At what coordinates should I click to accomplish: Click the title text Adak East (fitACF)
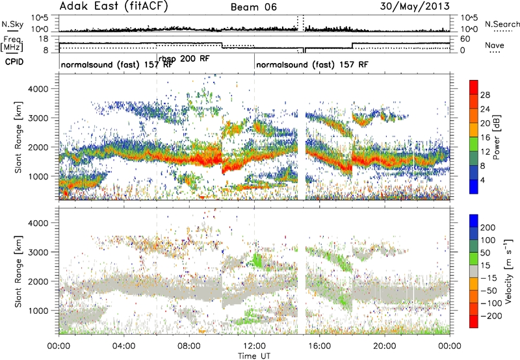tap(114, 6)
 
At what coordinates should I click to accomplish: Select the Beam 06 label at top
tap(253, 7)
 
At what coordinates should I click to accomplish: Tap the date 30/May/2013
tap(415, 6)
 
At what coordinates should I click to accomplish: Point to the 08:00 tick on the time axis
tap(189, 346)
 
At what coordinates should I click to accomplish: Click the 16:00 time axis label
tap(319, 346)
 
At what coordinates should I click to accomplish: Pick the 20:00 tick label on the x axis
tap(385, 346)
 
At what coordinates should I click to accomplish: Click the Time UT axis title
tap(254, 356)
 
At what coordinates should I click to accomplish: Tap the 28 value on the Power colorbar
tap(485, 95)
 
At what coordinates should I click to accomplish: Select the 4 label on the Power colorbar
tap(483, 180)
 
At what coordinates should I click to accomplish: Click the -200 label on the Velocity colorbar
tap(491, 316)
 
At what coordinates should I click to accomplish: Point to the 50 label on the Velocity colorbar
tap(485, 253)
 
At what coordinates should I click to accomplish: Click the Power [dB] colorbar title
tap(496, 137)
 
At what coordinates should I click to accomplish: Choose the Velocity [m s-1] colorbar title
tap(508, 271)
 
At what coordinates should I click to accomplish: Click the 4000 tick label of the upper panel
tap(38, 89)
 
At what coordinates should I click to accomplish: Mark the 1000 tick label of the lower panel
tap(38, 311)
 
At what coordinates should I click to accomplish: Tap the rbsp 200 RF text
tap(184, 58)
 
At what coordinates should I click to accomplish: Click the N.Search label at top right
tap(502, 24)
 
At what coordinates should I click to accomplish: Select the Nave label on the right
tap(495, 45)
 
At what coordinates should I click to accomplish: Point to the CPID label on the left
tap(14, 62)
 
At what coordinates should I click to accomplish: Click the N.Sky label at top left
tap(12, 24)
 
